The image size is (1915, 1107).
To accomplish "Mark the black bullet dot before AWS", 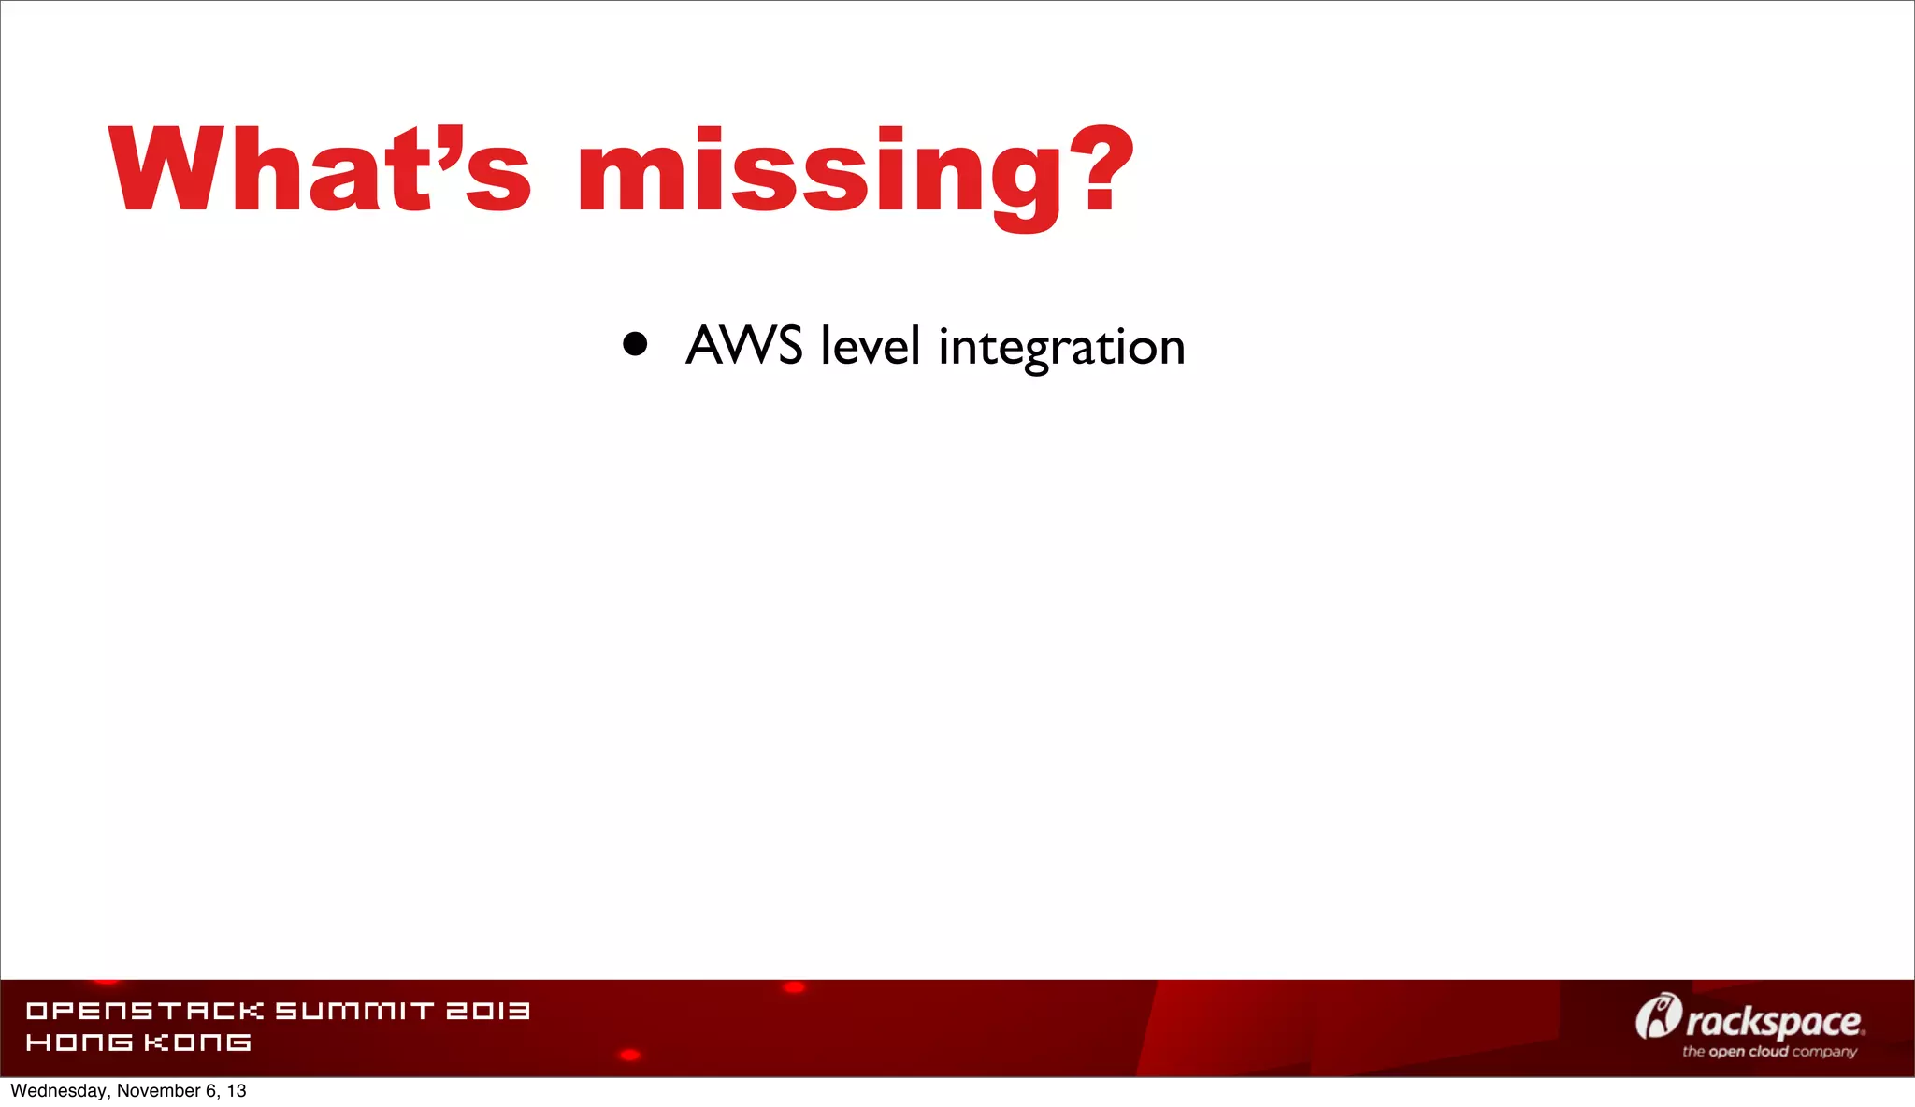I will coord(635,344).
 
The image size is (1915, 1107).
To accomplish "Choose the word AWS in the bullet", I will coord(744,345).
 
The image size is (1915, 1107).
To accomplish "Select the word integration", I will coord(1061,348).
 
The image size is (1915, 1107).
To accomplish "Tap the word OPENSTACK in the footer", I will coord(145,1011).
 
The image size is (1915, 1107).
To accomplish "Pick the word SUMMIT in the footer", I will coord(354,1011).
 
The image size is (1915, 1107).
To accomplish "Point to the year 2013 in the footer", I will coord(487,1011).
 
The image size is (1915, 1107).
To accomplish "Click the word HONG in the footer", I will coord(79,1042).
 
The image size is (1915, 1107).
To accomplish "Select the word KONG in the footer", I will coord(197,1042).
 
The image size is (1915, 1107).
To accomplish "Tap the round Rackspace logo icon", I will coord(1658,1017).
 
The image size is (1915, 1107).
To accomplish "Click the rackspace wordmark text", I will coord(1774,1022).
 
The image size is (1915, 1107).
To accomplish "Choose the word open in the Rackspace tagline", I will coord(1727,1052).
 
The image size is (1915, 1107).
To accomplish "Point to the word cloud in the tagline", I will coord(1769,1052).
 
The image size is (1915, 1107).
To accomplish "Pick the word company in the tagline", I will coord(1824,1053).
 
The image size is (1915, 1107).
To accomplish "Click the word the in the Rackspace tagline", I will coord(1693,1052).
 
